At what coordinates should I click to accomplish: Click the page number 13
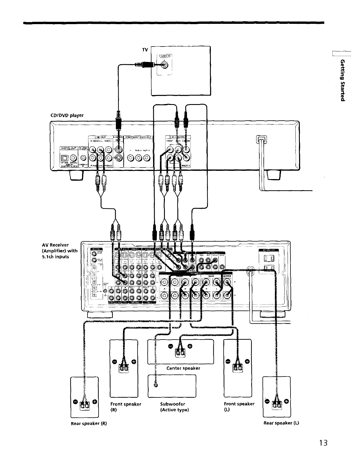coord(323,442)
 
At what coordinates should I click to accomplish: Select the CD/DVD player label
coord(67,115)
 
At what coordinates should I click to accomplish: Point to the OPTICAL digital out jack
coord(65,158)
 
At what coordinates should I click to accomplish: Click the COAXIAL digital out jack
coord(73,158)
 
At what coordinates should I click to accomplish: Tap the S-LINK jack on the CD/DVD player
coord(83,158)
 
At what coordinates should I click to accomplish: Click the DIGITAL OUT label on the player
coord(69,148)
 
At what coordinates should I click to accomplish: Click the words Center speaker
coord(183,368)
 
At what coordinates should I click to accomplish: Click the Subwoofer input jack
coord(156,386)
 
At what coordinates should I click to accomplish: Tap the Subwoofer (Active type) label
coord(174,407)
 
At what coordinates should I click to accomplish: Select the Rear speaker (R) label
coord(89,423)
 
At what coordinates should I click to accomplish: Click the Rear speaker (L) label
coord(281,423)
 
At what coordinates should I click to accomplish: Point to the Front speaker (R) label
coord(126,407)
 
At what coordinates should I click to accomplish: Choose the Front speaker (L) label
coord(239,406)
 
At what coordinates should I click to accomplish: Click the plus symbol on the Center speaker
coord(190,346)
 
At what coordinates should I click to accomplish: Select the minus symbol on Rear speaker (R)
coord(76,401)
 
